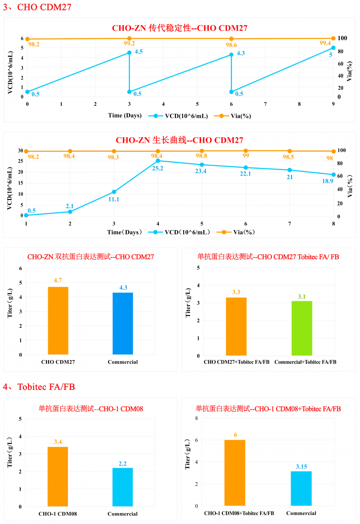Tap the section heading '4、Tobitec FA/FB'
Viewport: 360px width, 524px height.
point(39,386)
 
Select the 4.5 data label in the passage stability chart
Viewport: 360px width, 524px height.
point(139,52)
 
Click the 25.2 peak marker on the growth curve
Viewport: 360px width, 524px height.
point(157,161)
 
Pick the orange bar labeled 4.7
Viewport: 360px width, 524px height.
point(58,321)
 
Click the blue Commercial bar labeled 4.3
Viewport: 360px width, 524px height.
point(123,324)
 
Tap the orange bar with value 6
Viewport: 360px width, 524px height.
point(235,473)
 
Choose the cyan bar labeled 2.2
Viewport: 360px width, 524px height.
point(123,487)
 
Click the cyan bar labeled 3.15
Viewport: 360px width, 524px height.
point(301,488)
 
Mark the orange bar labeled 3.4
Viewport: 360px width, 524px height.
point(58,476)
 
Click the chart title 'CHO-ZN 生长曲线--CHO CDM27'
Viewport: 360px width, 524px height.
point(180,140)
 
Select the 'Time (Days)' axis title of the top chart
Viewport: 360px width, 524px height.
point(125,115)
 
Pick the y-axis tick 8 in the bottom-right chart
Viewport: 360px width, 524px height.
point(196,419)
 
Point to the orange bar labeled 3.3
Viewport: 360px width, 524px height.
point(236,326)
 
